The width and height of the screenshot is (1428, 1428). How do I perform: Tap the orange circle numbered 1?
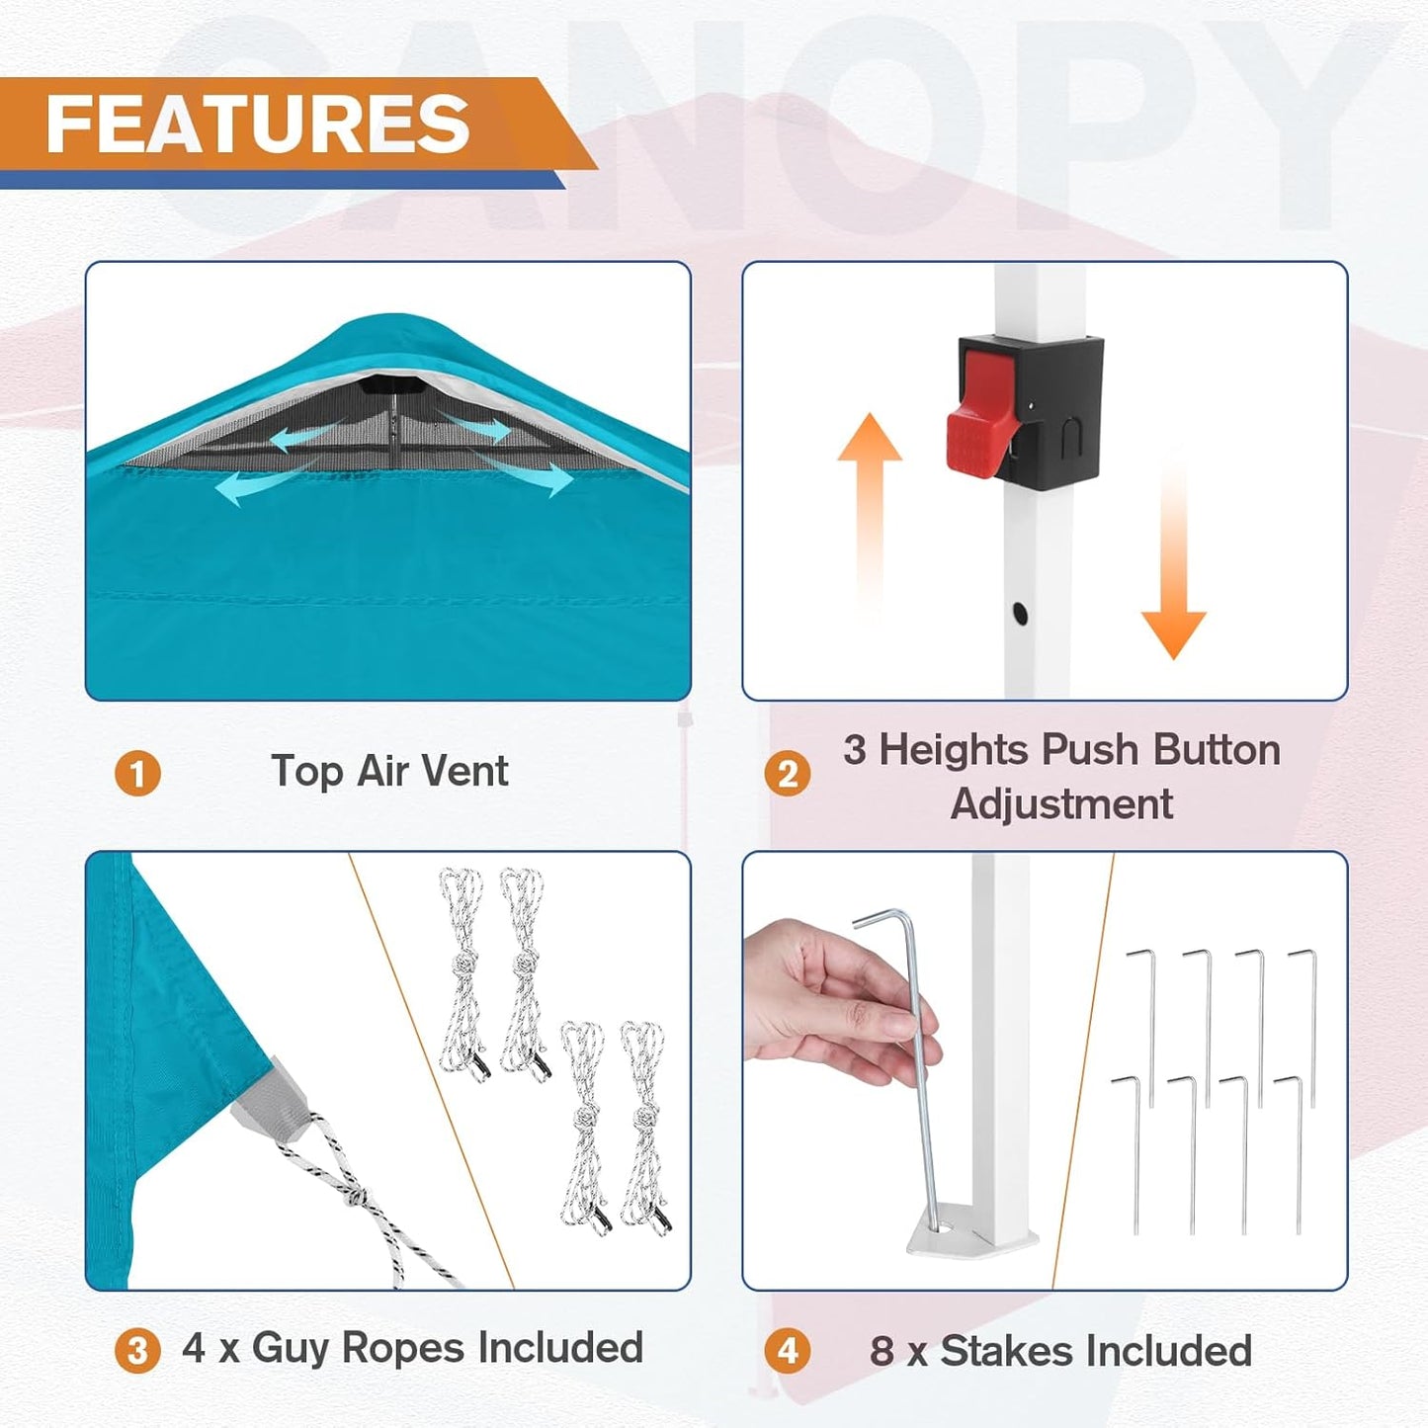[x=137, y=774]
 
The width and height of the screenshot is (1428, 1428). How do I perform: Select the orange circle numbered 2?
[x=787, y=774]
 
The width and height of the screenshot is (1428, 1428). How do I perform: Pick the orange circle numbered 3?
[x=137, y=1351]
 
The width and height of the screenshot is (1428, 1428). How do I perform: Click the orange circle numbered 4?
[x=787, y=1351]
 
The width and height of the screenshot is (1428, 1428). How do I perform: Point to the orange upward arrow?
[x=869, y=494]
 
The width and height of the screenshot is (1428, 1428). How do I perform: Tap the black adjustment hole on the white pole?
[x=1020, y=614]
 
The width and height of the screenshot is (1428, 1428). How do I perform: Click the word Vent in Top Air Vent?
[x=468, y=771]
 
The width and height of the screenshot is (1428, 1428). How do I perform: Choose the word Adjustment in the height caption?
[x=1061, y=804]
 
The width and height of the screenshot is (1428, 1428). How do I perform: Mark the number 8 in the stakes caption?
[x=882, y=1351]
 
